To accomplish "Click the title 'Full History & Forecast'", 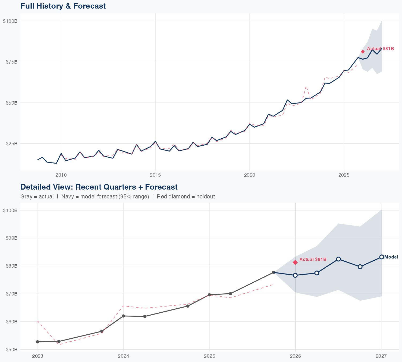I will pos(63,6).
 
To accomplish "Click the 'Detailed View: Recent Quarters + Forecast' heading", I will pos(99,187).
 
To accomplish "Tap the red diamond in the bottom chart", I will pos(295,262).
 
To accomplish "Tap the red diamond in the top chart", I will pos(363,51).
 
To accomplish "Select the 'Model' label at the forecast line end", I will pos(391,257).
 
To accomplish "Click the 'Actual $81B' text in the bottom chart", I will pos(313,259).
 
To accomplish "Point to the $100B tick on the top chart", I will pos(10,21).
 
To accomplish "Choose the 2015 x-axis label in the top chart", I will pos(155,175).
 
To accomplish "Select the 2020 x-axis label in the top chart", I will pos(250,175).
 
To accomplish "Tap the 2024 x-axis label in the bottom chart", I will pos(123,356).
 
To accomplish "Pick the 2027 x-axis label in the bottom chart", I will pos(381,356).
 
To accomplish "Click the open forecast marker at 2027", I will pos(381,257).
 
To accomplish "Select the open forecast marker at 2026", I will pos(295,275).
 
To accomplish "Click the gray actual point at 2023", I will pos(38,342).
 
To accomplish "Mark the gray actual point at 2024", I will pos(123,316).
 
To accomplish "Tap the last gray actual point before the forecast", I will pos(273,272).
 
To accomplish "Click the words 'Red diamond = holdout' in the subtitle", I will pos(186,197).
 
